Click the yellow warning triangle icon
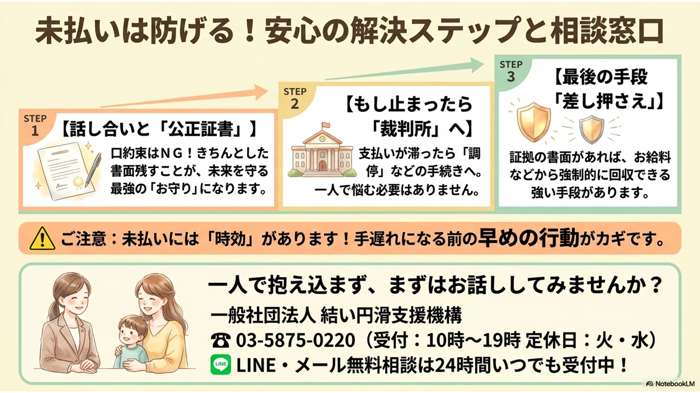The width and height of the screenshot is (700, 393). click(x=42, y=239)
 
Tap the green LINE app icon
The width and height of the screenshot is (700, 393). click(x=221, y=364)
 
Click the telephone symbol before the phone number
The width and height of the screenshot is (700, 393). click(x=221, y=340)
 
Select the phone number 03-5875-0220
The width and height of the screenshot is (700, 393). click(x=295, y=340)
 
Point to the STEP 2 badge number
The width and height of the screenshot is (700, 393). click(x=295, y=104)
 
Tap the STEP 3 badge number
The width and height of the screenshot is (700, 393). click(x=511, y=77)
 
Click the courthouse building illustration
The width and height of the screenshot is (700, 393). click(x=322, y=150)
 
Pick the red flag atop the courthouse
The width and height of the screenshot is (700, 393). click(x=326, y=125)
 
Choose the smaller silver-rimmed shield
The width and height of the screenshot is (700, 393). click(x=591, y=129)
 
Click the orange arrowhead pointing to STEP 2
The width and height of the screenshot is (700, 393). click(x=260, y=92)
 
